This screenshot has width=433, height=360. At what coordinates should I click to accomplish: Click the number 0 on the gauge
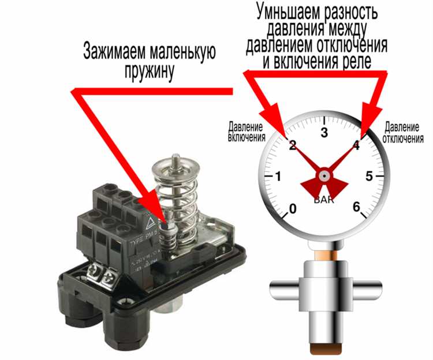pyautogui.click(x=292, y=208)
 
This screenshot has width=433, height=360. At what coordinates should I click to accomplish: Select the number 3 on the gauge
pyautogui.click(x=324, y=133)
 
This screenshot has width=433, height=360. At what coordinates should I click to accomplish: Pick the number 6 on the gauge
pyautogui.click(x=356, y=207)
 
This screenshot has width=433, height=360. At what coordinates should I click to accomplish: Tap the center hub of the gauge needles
pyautogui.click(x=324, y=174)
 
